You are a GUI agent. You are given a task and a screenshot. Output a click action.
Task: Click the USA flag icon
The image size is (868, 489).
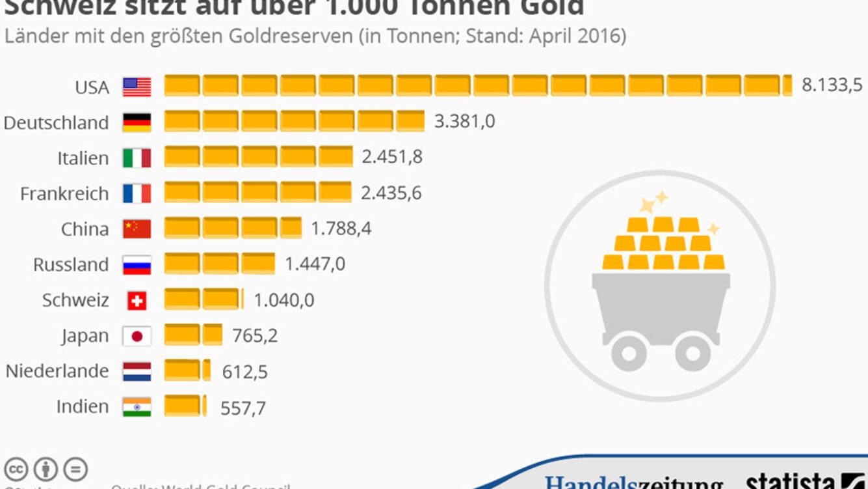(x=137, y=87)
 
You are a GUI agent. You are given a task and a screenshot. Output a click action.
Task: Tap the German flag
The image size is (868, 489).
(x=137, y=122)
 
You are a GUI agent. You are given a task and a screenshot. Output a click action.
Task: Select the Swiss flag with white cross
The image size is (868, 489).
(x=137, y=300)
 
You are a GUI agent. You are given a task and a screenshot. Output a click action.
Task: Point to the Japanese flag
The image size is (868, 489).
(x=137, y=336)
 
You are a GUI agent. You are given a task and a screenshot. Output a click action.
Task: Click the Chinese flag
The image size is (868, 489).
(x=137, y=229)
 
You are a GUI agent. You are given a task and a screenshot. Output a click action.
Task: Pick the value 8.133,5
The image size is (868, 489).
(x=832, y=85)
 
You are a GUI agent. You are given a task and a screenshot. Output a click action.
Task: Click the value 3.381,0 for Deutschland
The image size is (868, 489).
(x=464, y=121)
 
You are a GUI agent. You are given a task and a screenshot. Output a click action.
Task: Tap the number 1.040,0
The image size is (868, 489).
(x=283, y=300)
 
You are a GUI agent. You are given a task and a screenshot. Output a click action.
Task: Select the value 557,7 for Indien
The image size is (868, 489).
(x=243, y=408)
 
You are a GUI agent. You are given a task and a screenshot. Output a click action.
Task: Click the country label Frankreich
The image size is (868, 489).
(x=64, y=193)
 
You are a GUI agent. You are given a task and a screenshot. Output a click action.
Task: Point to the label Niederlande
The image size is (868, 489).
(x=57, y=371)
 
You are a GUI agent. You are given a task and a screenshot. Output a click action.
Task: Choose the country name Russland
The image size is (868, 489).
(x=71, y=264)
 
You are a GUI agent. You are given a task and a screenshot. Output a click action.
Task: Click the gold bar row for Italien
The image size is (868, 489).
(x=258, y=157)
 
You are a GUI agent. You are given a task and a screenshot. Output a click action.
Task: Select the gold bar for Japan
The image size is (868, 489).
(x=193, y=335)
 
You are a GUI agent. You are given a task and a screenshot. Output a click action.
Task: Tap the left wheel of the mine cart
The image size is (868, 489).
(x=629, y=353)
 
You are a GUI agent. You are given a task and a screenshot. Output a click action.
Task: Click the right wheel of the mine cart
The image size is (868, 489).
(x=693, y=353)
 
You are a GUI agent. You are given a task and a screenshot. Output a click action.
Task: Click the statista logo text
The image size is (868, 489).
(x=790, y=482)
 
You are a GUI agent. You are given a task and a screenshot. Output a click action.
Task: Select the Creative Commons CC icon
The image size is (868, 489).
(x=16, y=469)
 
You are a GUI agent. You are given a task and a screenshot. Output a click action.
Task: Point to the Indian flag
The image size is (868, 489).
(x=137, y=407)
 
